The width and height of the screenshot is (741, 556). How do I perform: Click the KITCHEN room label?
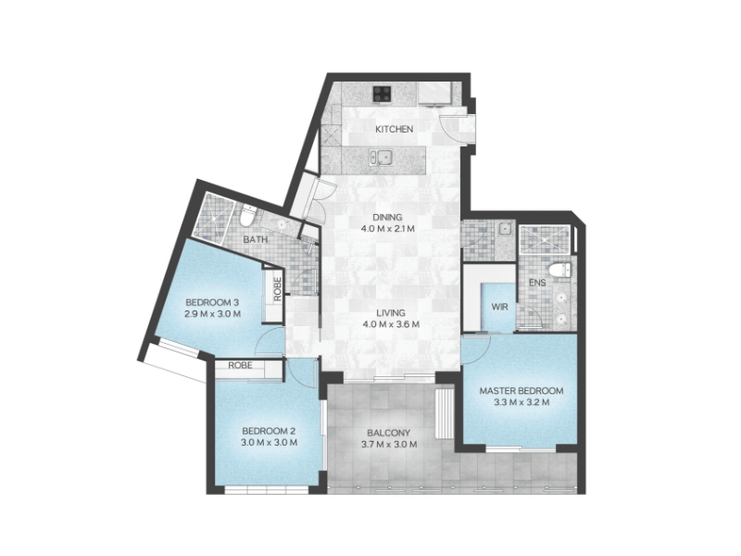click(394, 129)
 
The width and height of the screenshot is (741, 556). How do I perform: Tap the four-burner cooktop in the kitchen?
click(382, 94)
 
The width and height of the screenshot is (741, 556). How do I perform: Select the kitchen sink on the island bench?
click(381, 157)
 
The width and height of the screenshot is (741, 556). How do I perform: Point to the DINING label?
click(387, 218)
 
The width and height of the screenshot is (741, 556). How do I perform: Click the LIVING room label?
click(391, 312)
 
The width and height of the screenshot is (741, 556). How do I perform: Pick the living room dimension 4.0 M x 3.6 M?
click(391, 324)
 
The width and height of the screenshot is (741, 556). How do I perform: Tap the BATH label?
click(256, 240)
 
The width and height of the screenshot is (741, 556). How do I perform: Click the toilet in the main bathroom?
click(247, 216)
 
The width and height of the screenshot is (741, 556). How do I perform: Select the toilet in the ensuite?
click(560, 270)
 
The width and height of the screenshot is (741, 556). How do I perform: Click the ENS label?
click(537, 283)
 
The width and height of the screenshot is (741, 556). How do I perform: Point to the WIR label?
click(499, 307)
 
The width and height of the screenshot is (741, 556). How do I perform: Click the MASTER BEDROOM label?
click(521, 391)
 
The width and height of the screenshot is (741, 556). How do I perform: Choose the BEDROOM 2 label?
click(269, 431)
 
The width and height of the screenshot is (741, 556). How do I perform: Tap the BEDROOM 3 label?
click(212, 303)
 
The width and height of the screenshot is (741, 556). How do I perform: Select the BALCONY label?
click(388, 433)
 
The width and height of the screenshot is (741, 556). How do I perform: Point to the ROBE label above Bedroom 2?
click(240, 365)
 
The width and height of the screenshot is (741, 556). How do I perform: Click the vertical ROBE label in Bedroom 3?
click(277, 288)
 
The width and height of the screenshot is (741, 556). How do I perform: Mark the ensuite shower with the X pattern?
click(544, 240)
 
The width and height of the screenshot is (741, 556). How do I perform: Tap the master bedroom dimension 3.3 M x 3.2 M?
click(521, 403)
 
